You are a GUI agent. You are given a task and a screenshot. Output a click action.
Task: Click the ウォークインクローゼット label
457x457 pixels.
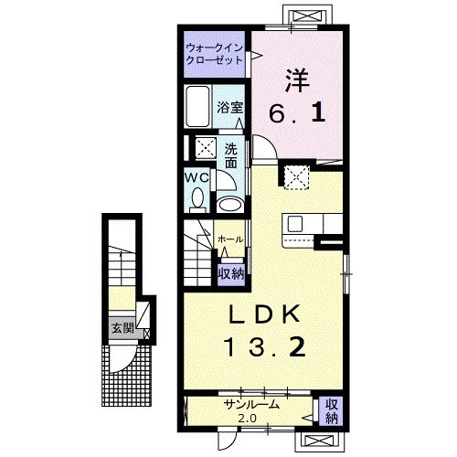214,54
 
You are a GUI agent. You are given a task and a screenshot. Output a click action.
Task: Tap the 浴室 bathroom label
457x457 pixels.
230,108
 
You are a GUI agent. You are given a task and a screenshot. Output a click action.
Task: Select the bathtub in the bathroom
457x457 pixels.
197,106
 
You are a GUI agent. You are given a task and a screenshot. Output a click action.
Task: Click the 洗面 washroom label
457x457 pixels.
231,155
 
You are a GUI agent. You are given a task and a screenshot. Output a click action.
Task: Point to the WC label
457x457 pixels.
197,177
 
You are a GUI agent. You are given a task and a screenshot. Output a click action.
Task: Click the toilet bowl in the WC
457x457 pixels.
198,199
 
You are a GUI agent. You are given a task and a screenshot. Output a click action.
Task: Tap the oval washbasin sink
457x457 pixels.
231,205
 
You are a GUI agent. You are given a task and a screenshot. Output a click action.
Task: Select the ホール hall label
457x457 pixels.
230,239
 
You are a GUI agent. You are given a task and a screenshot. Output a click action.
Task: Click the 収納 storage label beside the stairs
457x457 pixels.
230,274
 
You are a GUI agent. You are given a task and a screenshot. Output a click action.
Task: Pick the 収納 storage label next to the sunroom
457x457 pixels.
331,411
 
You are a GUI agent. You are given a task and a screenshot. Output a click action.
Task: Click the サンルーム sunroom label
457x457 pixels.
251,405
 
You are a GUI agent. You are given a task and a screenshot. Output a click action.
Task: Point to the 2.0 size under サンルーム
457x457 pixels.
247,419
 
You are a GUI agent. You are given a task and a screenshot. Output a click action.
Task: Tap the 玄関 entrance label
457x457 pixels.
122,328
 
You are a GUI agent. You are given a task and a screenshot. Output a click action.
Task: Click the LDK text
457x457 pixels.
264,314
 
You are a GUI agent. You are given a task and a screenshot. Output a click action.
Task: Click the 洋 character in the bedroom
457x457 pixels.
297,80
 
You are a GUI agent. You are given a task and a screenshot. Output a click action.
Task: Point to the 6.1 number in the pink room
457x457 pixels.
297,114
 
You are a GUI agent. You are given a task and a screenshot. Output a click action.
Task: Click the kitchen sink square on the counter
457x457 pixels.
295,224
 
